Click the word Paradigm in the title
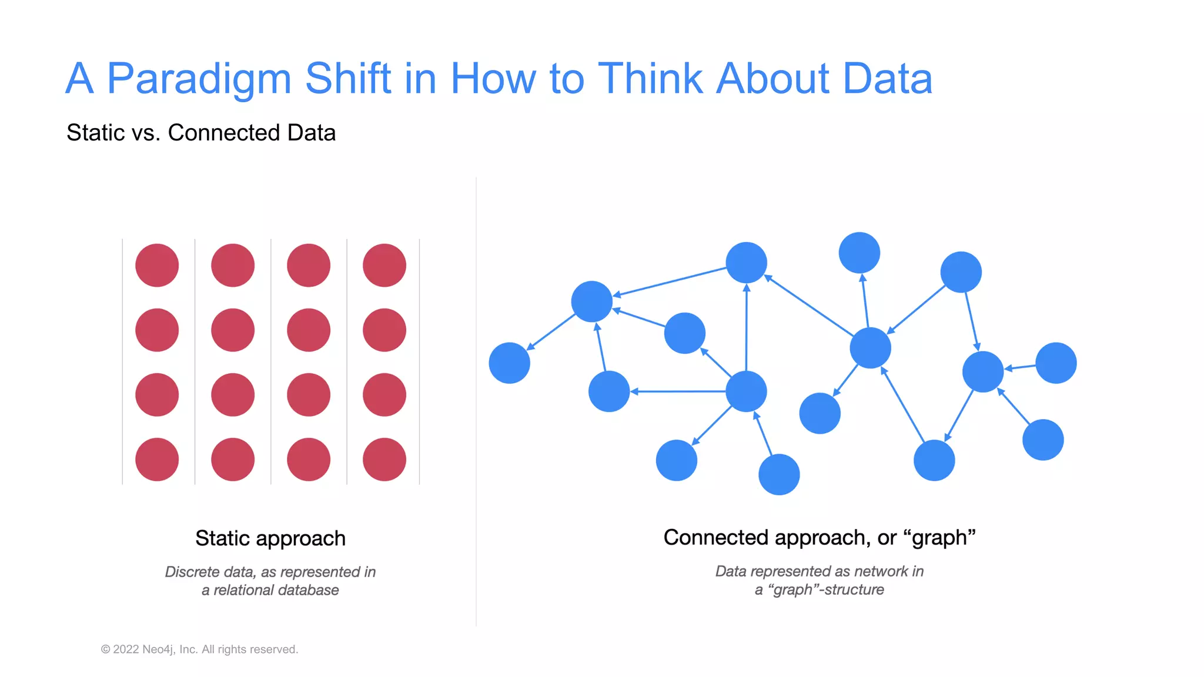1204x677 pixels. (199, 79)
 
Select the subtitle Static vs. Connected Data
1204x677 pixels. (200, 133)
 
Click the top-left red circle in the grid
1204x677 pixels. (157, 266)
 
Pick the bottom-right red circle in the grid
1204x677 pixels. (384, 460)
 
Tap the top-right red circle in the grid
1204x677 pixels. (384, 266)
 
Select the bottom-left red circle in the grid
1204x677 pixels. (157, 460)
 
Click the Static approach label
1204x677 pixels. (270, 538)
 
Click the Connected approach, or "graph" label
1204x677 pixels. (819, 538)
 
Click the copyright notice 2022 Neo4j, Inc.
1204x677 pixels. (200, 649)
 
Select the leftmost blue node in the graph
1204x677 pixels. (509, 363)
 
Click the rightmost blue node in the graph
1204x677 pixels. (1056, 363)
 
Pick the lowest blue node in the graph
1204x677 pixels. (779, 474)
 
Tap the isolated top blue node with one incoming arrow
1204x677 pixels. (859, 253)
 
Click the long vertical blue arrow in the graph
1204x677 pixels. (747, 329)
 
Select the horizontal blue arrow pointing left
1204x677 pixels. (679, 391)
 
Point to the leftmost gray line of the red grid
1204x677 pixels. (122, 361)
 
